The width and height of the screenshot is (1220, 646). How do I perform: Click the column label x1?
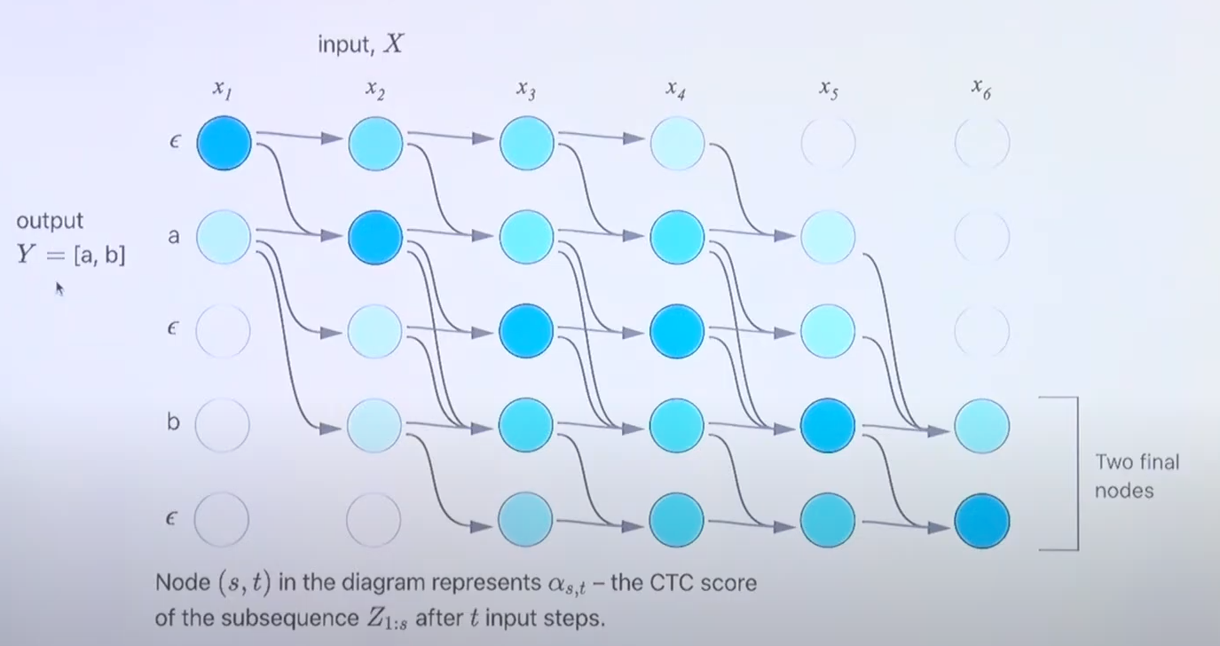[223, 89]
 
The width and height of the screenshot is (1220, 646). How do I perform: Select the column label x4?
[675, 89]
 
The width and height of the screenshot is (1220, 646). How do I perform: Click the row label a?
[173, 237]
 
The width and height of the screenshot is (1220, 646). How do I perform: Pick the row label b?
[173, 422]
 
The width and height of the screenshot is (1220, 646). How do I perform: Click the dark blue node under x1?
[224, 143]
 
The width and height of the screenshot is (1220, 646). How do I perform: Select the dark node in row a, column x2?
[375, 237]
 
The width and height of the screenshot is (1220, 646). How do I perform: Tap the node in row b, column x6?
[981, 426]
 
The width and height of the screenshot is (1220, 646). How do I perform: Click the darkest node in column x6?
[981, 521]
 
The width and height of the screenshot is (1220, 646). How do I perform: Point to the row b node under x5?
[828, 426]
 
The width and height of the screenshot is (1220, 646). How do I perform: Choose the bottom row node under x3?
[526, 521]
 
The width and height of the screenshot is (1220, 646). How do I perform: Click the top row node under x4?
[677, 143]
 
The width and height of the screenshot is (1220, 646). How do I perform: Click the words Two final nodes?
[1137, 476]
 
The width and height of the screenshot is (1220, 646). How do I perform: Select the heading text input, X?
[360, 44]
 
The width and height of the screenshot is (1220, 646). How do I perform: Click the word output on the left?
[50, 221]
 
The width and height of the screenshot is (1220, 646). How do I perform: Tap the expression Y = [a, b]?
[71, 255]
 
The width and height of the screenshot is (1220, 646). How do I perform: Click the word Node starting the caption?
[182, 583]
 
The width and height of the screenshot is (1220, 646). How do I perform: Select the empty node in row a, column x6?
[981, 237]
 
